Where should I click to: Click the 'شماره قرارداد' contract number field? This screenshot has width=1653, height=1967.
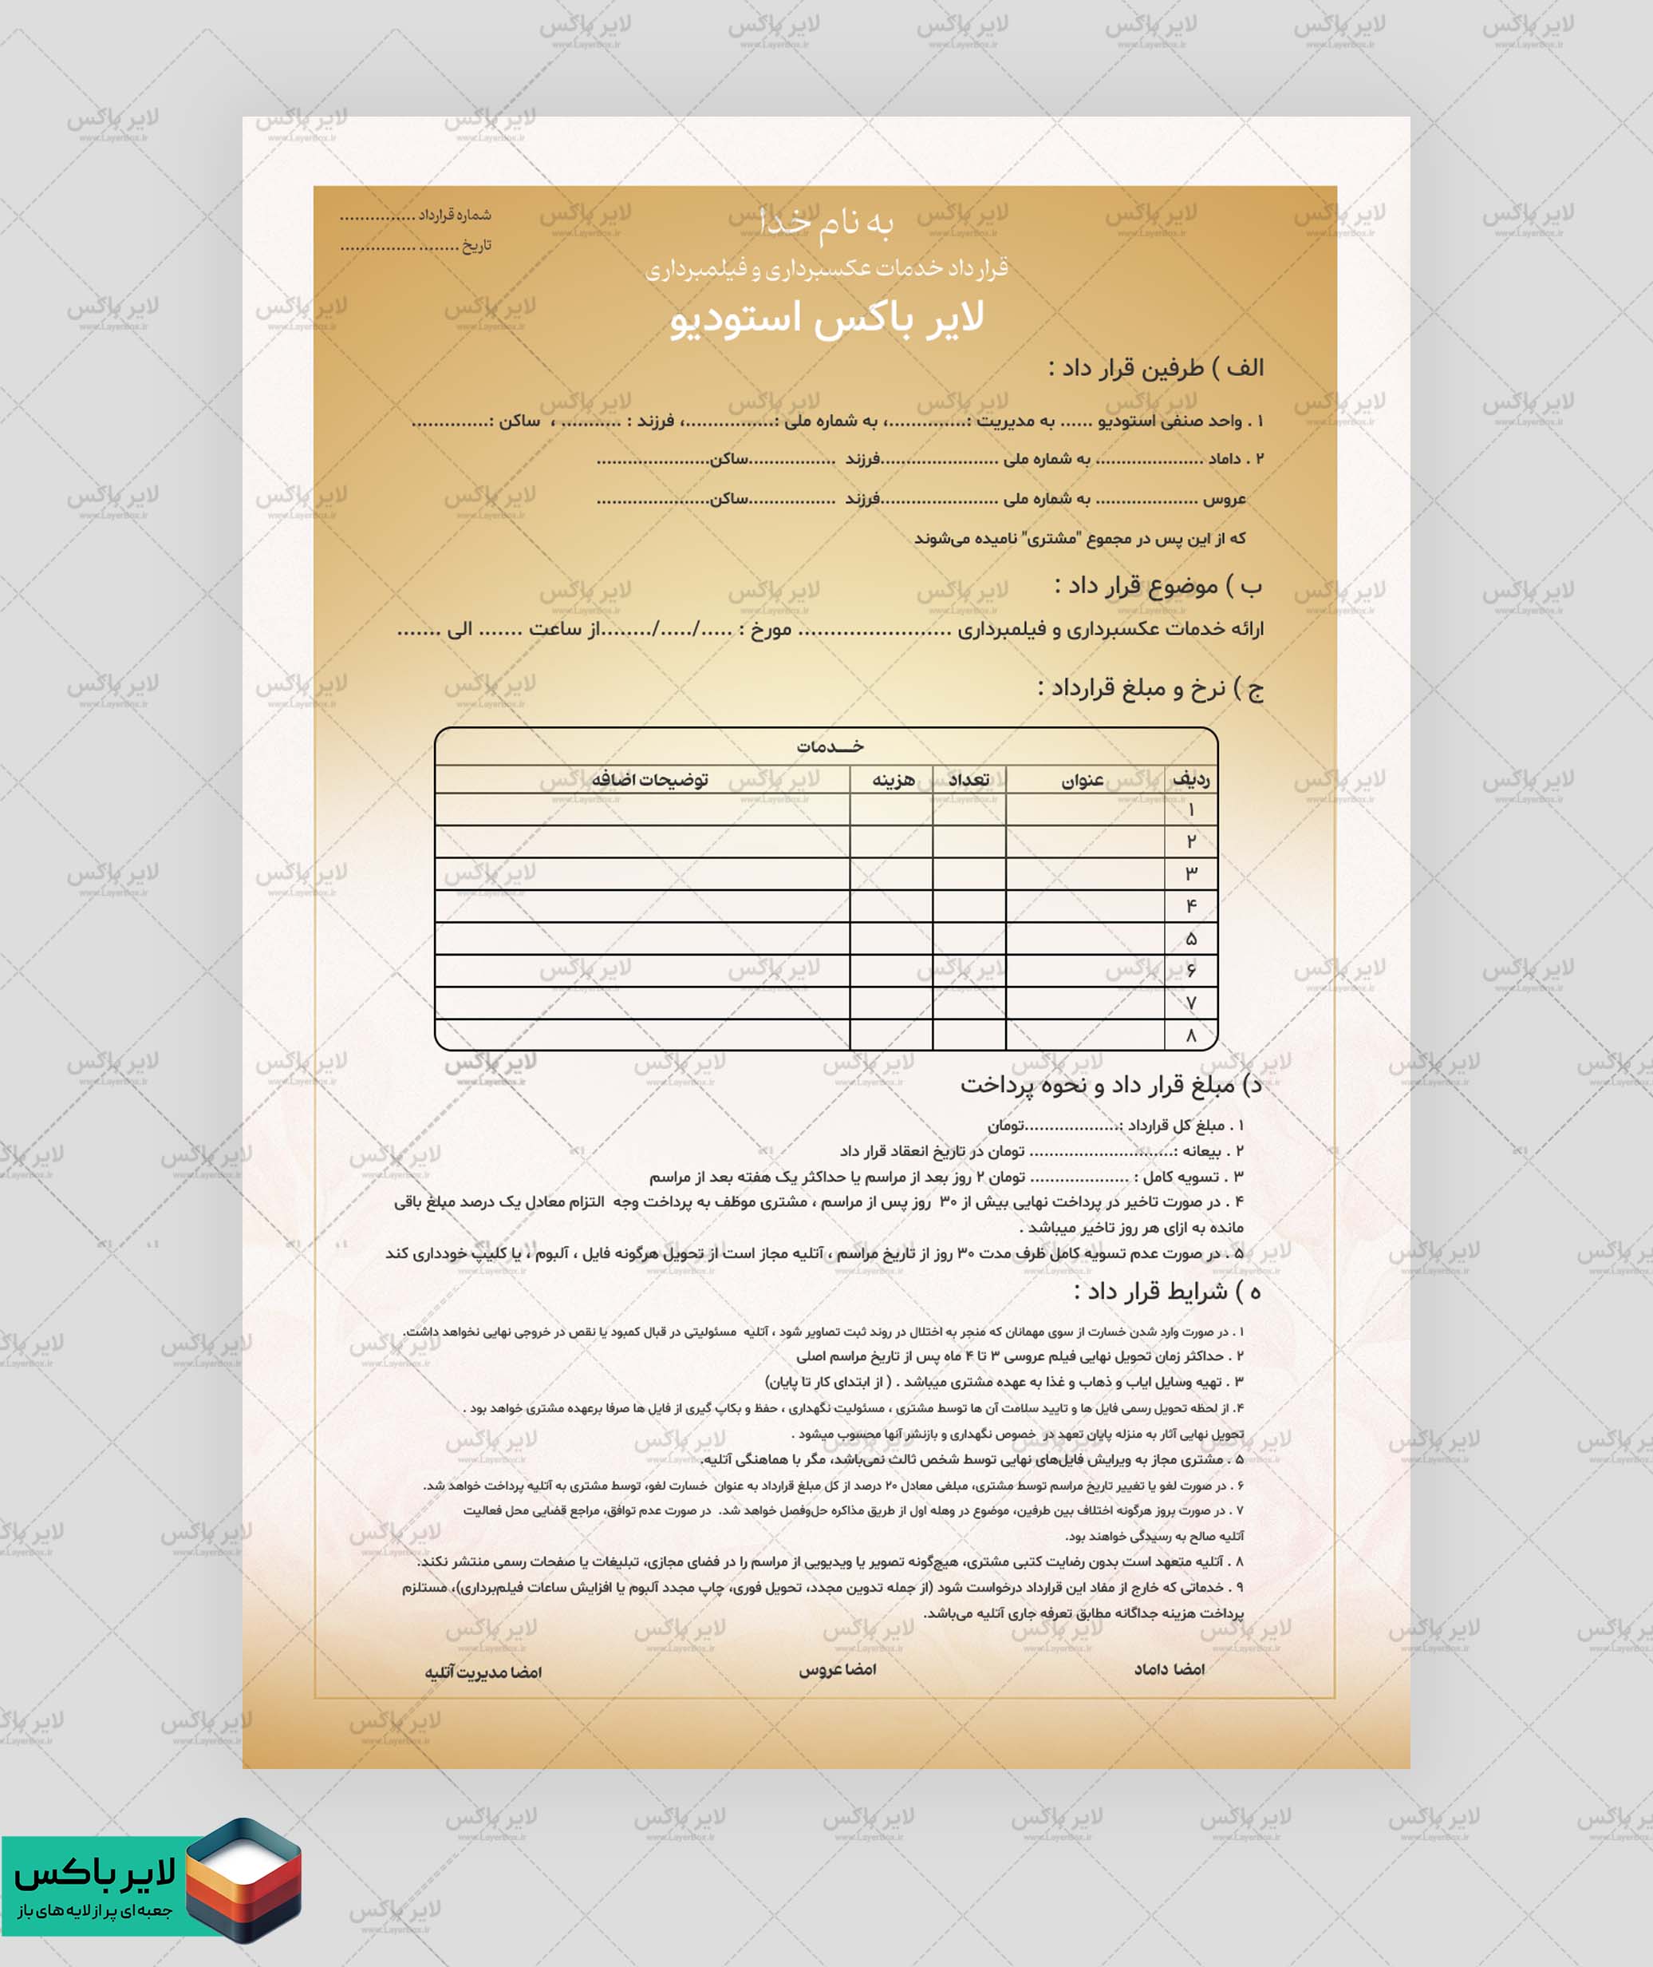pyautogui.click(x=415, y=216)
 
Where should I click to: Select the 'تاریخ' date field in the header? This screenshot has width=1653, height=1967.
pyautogui.click(x=415, y=246)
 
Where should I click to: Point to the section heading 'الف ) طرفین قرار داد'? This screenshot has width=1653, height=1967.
pyautogui.click(x=1155, y=367)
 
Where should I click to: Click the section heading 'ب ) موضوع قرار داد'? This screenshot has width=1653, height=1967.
pyautogui.click(x=1158, y=586)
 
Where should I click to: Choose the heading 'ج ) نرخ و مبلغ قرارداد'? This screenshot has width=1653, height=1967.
pyautogui.click(x=1150, y=689)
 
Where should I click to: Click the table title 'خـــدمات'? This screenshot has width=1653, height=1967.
pyautogui.click(x=830, y=746)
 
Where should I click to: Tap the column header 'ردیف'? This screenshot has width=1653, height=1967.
pyautogui.click(x=1191, y=779)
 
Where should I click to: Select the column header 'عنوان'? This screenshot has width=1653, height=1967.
pyautogui.click(x=1083, y=780)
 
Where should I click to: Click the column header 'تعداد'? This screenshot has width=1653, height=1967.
pyautogui.click(x=969, y=780)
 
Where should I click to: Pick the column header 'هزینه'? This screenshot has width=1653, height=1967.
pyautogui.click(x=893, y=780)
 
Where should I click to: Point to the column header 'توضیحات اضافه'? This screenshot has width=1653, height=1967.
pyautogui.click(x=649, y=780)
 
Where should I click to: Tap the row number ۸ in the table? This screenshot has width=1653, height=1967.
pyautogui.click(x=1191, y=1035)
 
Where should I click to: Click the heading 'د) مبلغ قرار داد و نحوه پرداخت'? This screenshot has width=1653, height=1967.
pyautogui.click(x=1111, y=1085)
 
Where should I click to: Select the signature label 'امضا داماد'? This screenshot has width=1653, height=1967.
pyautogui.click(x=1169, y=1669)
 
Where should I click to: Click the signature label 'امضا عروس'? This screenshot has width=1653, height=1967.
pyautogui.click(x=837, y=1669)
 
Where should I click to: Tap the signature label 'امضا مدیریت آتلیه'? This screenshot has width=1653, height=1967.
pyautogui.click(x=483, y=1672)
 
